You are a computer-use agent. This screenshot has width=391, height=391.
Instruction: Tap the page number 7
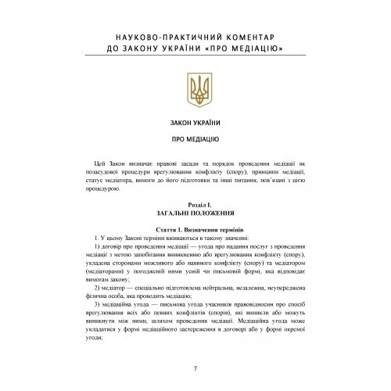[x=195, y=369]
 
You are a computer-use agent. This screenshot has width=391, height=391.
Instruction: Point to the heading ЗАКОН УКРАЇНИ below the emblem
[x=195, y=122]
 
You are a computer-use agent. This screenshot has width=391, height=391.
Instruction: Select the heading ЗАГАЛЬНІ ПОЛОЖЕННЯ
[x=195, y=212]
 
